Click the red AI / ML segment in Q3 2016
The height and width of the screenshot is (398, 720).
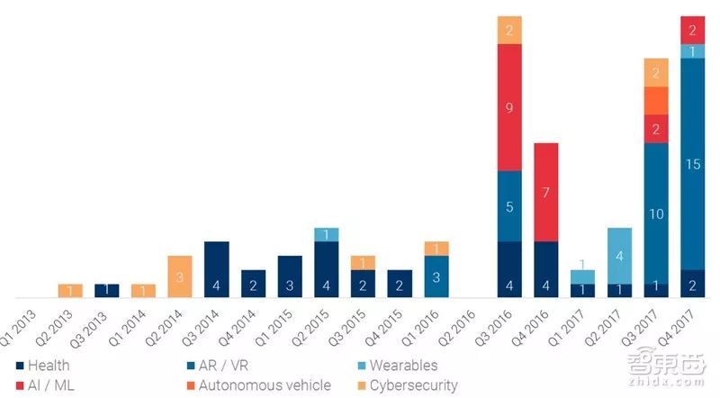[x=509, y=107]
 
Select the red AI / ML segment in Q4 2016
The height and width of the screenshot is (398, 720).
[x=546, y=192]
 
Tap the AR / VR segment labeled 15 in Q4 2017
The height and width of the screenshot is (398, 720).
[x=693, y=164]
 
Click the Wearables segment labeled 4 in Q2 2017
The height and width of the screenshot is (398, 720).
[x=619, y=256]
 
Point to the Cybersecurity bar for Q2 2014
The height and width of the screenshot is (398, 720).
[x=179, y=276]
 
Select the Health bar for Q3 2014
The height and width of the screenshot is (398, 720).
[x=216, y=269]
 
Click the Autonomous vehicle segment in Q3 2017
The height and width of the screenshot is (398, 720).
[x=656, y=100]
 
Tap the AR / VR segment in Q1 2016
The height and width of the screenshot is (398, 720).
[x=436, y=276]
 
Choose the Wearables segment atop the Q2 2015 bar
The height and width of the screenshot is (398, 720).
[x=326, y=234]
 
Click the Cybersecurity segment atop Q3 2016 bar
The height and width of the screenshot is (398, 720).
[x=509, y=30]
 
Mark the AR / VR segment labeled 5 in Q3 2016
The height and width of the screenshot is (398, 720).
[x=509, y=206]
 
